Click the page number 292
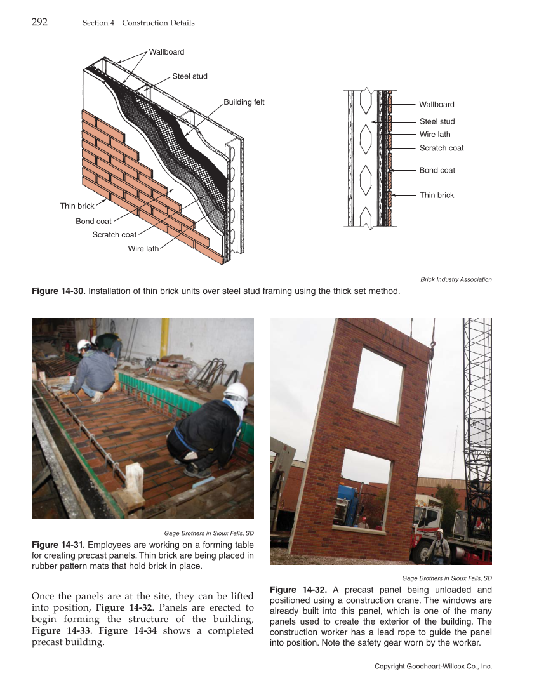(39, 22)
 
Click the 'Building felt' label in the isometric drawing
(244, 102)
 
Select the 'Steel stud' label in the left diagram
(190, 76)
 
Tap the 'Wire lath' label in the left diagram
(143, 249)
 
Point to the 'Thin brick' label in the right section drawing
(437, 196)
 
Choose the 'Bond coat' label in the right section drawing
(437, 171)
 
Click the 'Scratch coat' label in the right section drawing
(441, 148)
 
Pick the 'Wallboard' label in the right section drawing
(437, 105)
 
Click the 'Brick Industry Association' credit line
(456, 279)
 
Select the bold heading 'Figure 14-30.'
(58, 291)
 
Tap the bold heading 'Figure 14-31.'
(58, 545)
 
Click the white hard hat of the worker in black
(236, 390)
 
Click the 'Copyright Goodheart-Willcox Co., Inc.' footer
(433, 666)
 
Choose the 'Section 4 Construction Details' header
(138, 23)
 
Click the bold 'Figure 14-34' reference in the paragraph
(123, 630)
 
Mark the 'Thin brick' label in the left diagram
(77, 206)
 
